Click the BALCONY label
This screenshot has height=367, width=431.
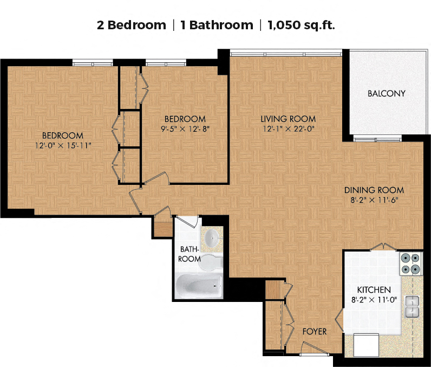(x=387, y=94)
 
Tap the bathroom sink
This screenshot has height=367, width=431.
(x=212, y=237)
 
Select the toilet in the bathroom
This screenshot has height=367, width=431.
(x=211, y=262)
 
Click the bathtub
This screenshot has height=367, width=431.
(x=199, y=286)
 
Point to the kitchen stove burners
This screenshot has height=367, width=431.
(x=410, y=263)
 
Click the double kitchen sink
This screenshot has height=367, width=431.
(x=412, y=306)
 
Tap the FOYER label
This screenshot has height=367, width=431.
(x=315, y=332)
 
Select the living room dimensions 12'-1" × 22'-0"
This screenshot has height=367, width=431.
(x=289, y=129)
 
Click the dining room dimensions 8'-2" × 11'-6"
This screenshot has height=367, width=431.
(x=374, y=200)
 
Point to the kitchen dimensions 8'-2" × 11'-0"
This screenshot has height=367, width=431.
(x=374, y=300)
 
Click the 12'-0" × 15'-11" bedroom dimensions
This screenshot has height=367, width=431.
(x=63, y=145)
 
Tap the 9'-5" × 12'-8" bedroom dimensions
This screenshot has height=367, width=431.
(x=185, y=129)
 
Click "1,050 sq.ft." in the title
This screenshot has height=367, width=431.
(x=301, y=25)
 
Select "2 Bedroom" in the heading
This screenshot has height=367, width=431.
(x=132, y=25)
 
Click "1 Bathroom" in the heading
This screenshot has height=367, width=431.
(x=217, y=25)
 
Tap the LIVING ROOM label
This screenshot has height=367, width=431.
(x=288, y=119)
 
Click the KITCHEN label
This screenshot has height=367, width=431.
(x=374, y=289)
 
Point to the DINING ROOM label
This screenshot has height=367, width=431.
(x=374, y=190)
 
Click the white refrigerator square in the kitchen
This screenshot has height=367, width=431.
(x=366, y=345)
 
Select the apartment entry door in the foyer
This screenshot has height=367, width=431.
(x=314, y=349)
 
